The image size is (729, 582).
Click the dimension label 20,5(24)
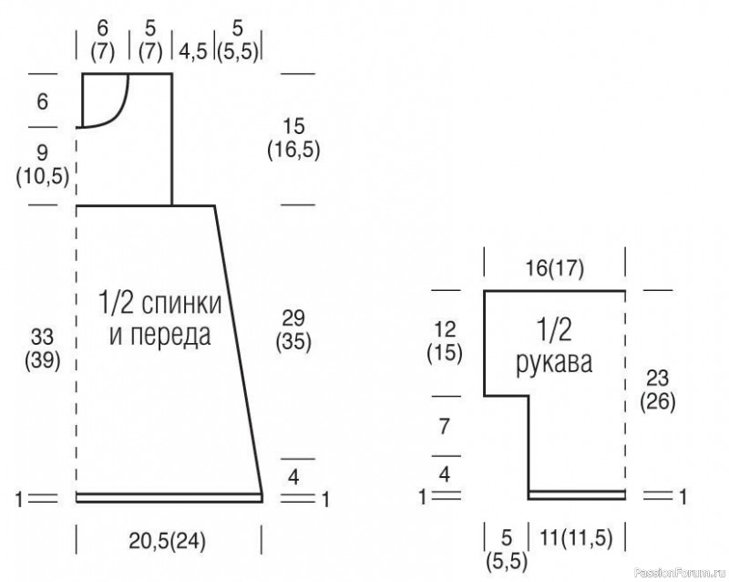pyautogui.click(x=168, y=541)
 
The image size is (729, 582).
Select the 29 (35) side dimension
pyautogui.click(x=293, y=330)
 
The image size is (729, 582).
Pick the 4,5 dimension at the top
pyautogui.click(x=193, y=51)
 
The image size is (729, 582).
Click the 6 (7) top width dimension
pyautogui.click(x=102, y=40)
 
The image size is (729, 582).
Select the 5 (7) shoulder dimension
pyautogui.click(x=150, y=40)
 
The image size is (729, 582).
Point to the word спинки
pyautogui.click(x=181, y=304)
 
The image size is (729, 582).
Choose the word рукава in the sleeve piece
pyautogui.click(x=554, y=362)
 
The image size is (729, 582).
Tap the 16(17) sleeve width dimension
pyautogui.click(x=555, y=268)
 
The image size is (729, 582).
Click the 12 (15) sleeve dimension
pyautogui.click(x=445, y=342)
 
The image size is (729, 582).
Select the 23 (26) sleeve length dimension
pyautogui.click(x=657, y=390)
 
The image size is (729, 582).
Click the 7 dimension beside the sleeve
pyautogui.click(x=445, y=427)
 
